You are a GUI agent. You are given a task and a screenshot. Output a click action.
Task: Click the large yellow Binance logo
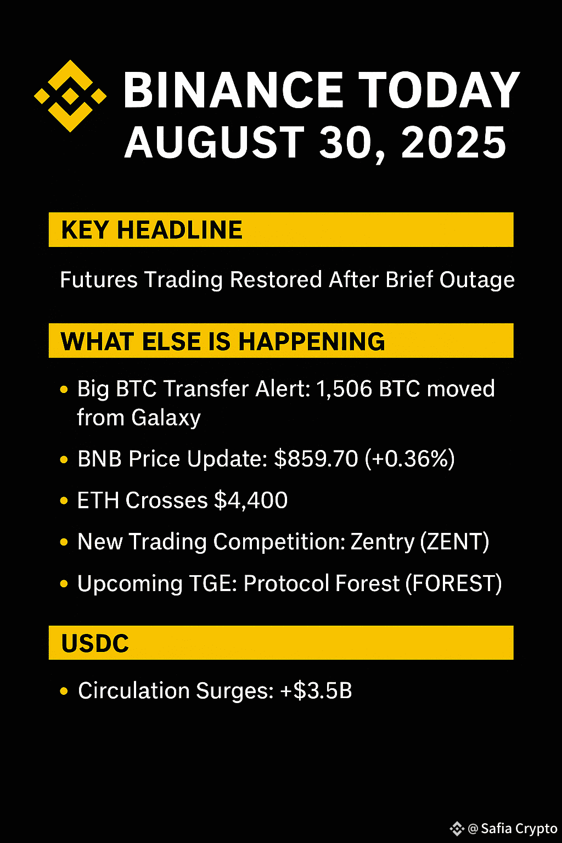coord(70,96)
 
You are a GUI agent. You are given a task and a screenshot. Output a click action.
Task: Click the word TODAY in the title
coord(439,90)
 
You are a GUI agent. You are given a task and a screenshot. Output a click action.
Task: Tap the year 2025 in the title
coord(453,142)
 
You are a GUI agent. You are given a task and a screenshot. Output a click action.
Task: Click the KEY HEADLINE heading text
coord(151,229)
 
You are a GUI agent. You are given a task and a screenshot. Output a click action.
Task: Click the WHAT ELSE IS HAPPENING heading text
coord(223,341)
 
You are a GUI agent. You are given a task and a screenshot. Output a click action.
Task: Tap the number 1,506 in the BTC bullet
coord(345,389)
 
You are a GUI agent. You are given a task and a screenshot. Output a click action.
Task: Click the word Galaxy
coord(166,418)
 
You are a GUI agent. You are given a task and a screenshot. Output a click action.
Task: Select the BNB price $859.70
coord(316,459)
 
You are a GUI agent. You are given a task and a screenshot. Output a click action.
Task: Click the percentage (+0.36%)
coord(410,459)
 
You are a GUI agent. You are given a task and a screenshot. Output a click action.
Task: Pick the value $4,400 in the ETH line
coord(251,501)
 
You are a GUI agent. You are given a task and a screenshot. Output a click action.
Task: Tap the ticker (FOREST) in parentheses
coord(453,583)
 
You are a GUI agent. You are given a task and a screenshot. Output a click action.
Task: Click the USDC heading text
coord(95,643)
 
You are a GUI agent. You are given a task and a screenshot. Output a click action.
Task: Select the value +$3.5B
coord(316,691)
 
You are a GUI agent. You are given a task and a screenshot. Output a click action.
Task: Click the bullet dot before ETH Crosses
coord(64,501)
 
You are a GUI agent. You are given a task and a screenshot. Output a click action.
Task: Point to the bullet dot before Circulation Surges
coord(64,691)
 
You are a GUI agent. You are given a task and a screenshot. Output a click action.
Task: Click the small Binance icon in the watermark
coord(457,829)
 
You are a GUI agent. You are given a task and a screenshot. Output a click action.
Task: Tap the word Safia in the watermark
coord(497,828)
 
